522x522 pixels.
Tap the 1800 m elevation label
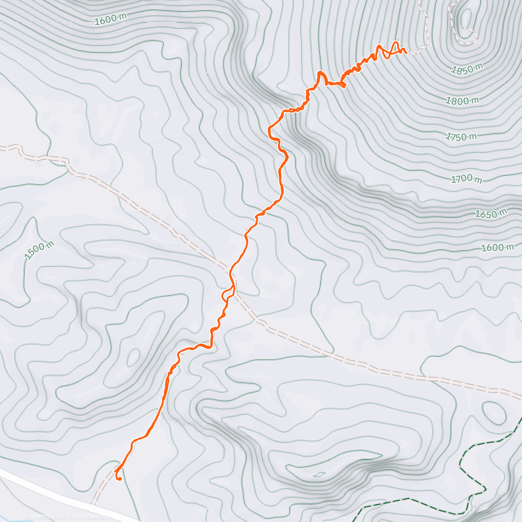(462, 101)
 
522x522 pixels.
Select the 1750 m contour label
(461, 137)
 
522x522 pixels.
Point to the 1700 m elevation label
(466, 179)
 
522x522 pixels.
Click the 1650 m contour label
(490, 214)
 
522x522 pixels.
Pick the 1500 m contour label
(39, 251)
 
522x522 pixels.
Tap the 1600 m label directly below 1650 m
(497, 248)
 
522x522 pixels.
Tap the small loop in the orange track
(228, 294)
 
